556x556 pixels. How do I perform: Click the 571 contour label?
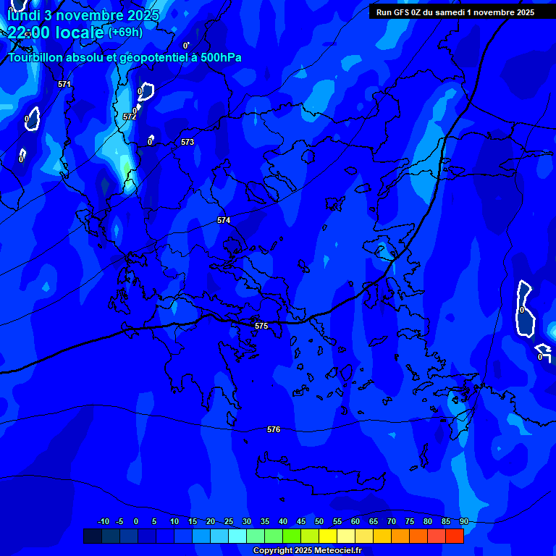click(x=64, y=84)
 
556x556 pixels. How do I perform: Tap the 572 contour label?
click(x=130, y=117)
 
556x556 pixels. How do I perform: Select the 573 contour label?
click(x=188, y=143)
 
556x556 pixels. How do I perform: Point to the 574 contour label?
click(x=224, y=220)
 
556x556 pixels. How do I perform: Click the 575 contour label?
click(x=261, y=327)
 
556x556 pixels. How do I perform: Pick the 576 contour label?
click(x=274, y=430)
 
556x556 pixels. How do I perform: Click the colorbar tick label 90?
click(x=464, y=522)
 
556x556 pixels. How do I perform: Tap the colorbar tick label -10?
click(x=103, y=522)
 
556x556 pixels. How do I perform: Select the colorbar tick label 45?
click(x=301, y=522)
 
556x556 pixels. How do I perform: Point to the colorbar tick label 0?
click(x=136, y=522)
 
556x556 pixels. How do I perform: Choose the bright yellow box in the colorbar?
click(x=328, y=536)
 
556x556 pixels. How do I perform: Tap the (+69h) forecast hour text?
click(x=125, y=32)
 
